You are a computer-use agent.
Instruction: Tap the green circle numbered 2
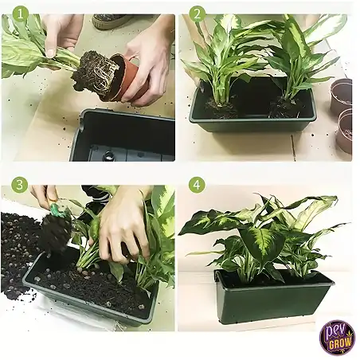[197, 14]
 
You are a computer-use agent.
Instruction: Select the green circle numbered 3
[20, 184]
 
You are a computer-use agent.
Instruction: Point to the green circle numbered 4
[197, 184]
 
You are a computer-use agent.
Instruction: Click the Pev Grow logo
[337, 337]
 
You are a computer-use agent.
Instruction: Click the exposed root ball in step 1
[95, 73]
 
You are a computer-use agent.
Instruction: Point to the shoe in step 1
[111, 21]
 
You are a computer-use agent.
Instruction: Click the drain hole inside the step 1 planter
[109, 155]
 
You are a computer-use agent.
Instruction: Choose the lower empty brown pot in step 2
[344, 131]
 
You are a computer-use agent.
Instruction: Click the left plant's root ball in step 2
[221, 108]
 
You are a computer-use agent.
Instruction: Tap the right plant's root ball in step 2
[284, 107]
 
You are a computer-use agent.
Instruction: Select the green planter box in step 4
[273, 297]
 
